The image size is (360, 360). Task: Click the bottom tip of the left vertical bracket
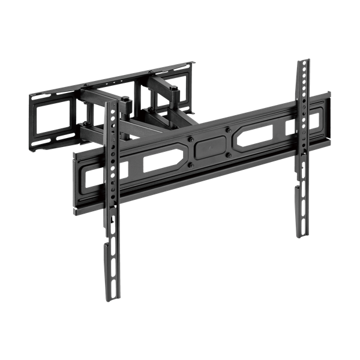point(111,298)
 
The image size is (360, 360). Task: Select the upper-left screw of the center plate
point(191,139)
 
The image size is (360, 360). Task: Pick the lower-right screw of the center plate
point(228,155)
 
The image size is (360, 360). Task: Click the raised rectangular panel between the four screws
point(209,147)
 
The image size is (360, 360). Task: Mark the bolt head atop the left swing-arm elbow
point(126,98)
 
